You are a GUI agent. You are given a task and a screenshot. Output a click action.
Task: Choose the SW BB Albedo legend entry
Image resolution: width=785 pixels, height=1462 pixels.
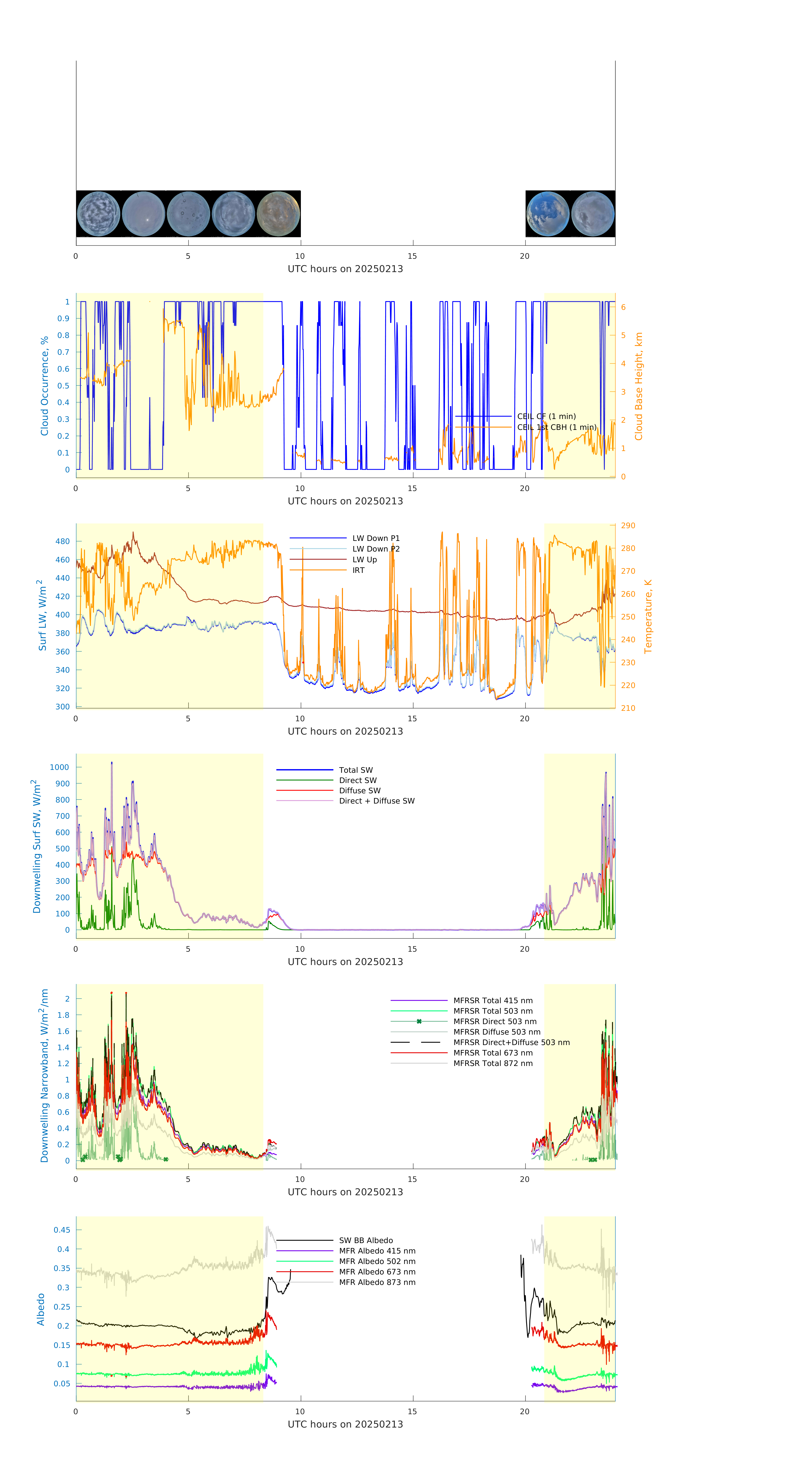pos(366,1240)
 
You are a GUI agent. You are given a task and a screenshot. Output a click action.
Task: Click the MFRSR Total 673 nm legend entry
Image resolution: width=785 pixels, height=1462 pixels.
pos(493,1053)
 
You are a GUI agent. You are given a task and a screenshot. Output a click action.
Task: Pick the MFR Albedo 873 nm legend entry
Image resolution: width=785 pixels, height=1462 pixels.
pos(377,1282)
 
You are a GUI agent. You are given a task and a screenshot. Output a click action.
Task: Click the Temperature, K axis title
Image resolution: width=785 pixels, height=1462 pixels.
pos(648,616)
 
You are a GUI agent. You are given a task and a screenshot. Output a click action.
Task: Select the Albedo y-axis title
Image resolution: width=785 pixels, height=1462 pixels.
pos(41,1309)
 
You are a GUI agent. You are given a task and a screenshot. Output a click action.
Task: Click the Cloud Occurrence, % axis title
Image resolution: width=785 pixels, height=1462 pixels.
pos(44,386)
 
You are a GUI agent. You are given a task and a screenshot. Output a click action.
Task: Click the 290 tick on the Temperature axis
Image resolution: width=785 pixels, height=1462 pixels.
pos(628,525)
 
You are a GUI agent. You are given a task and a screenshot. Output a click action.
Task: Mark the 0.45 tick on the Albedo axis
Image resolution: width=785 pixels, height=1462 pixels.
pos(62,1230)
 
